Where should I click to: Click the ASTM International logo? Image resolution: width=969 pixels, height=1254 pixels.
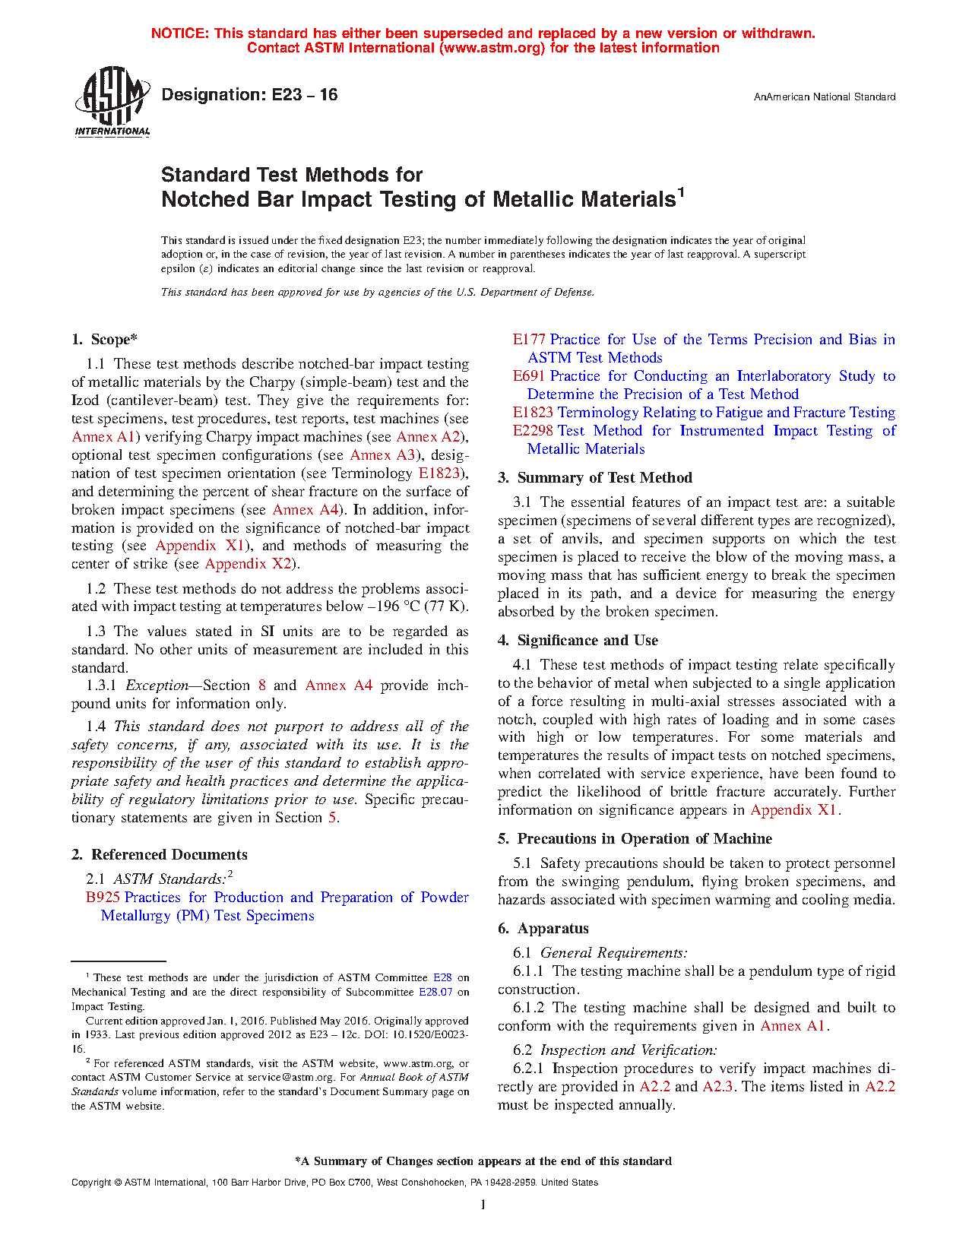[112, 101]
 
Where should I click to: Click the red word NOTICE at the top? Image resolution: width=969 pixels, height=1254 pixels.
[179, 33]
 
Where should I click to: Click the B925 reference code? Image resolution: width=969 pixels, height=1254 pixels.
[103, 898]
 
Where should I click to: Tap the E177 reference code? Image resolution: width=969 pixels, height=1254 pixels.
[529, 340]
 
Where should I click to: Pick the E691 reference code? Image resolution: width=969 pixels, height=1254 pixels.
[529, 376]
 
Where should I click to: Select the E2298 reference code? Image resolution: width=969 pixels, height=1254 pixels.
[533, 431]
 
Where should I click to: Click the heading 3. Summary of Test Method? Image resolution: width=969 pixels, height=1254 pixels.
[595, 478]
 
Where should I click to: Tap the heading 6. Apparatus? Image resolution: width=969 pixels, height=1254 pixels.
[543, 929]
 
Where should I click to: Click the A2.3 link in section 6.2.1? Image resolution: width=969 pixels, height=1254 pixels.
[717, 1087]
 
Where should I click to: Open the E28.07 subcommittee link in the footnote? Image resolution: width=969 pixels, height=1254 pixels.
[435, 993]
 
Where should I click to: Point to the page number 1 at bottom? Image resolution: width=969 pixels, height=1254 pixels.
[483, 1205]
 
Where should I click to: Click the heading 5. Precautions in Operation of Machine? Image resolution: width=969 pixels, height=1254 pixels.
[635, 839]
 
